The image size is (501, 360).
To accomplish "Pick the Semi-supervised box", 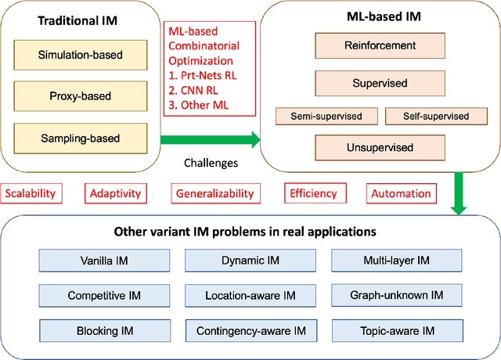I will (x=326, y=117).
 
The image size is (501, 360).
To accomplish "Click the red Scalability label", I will (x=35, y=193).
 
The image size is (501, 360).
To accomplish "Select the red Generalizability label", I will (x=214, y=193).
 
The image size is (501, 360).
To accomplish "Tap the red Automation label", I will (x=400, y=193).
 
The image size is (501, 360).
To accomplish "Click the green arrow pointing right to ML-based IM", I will (x=209, y=141).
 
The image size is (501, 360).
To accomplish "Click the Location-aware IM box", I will (x=250, y=296).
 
